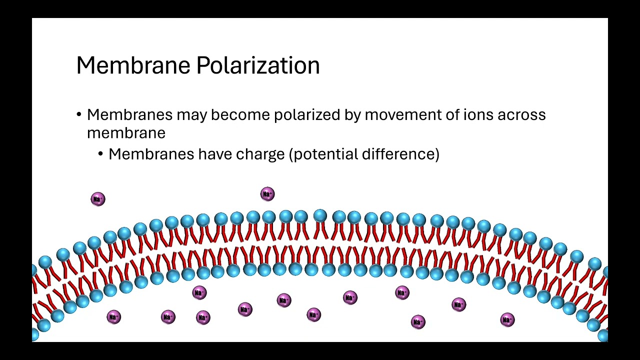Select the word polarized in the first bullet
point(307,115)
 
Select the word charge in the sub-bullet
point(260,154)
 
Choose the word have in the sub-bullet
point(215,154)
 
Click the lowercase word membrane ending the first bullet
point(126,133)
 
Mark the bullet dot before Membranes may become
point(79,115)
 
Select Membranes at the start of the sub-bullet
point(151,154)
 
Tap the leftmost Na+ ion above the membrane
point(98,199)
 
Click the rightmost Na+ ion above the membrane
point(267,194)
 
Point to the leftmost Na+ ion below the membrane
point(114,317)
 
